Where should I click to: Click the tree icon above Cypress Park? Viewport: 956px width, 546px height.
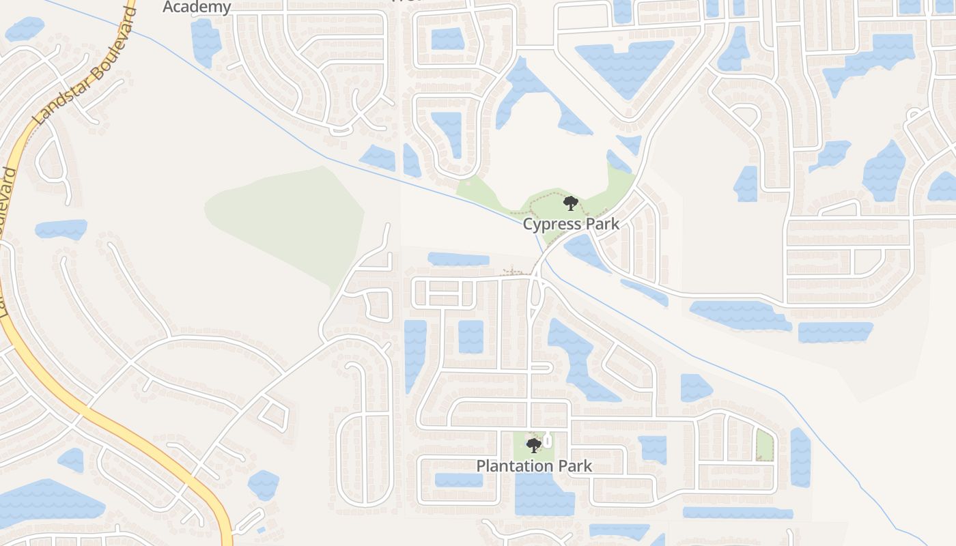coord(570,203)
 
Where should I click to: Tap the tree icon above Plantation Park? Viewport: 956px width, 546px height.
coord(534,446)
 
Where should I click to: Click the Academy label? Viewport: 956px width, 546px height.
coord(197,7)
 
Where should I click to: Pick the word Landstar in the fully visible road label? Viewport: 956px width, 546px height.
coord(49,108)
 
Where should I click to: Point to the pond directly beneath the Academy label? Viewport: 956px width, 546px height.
coord(205,42)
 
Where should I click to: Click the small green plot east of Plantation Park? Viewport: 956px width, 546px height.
coord(765,444)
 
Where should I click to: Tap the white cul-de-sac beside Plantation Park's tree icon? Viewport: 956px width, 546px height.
coord(547,442)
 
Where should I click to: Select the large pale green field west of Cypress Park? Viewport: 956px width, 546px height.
coord(287,218)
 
